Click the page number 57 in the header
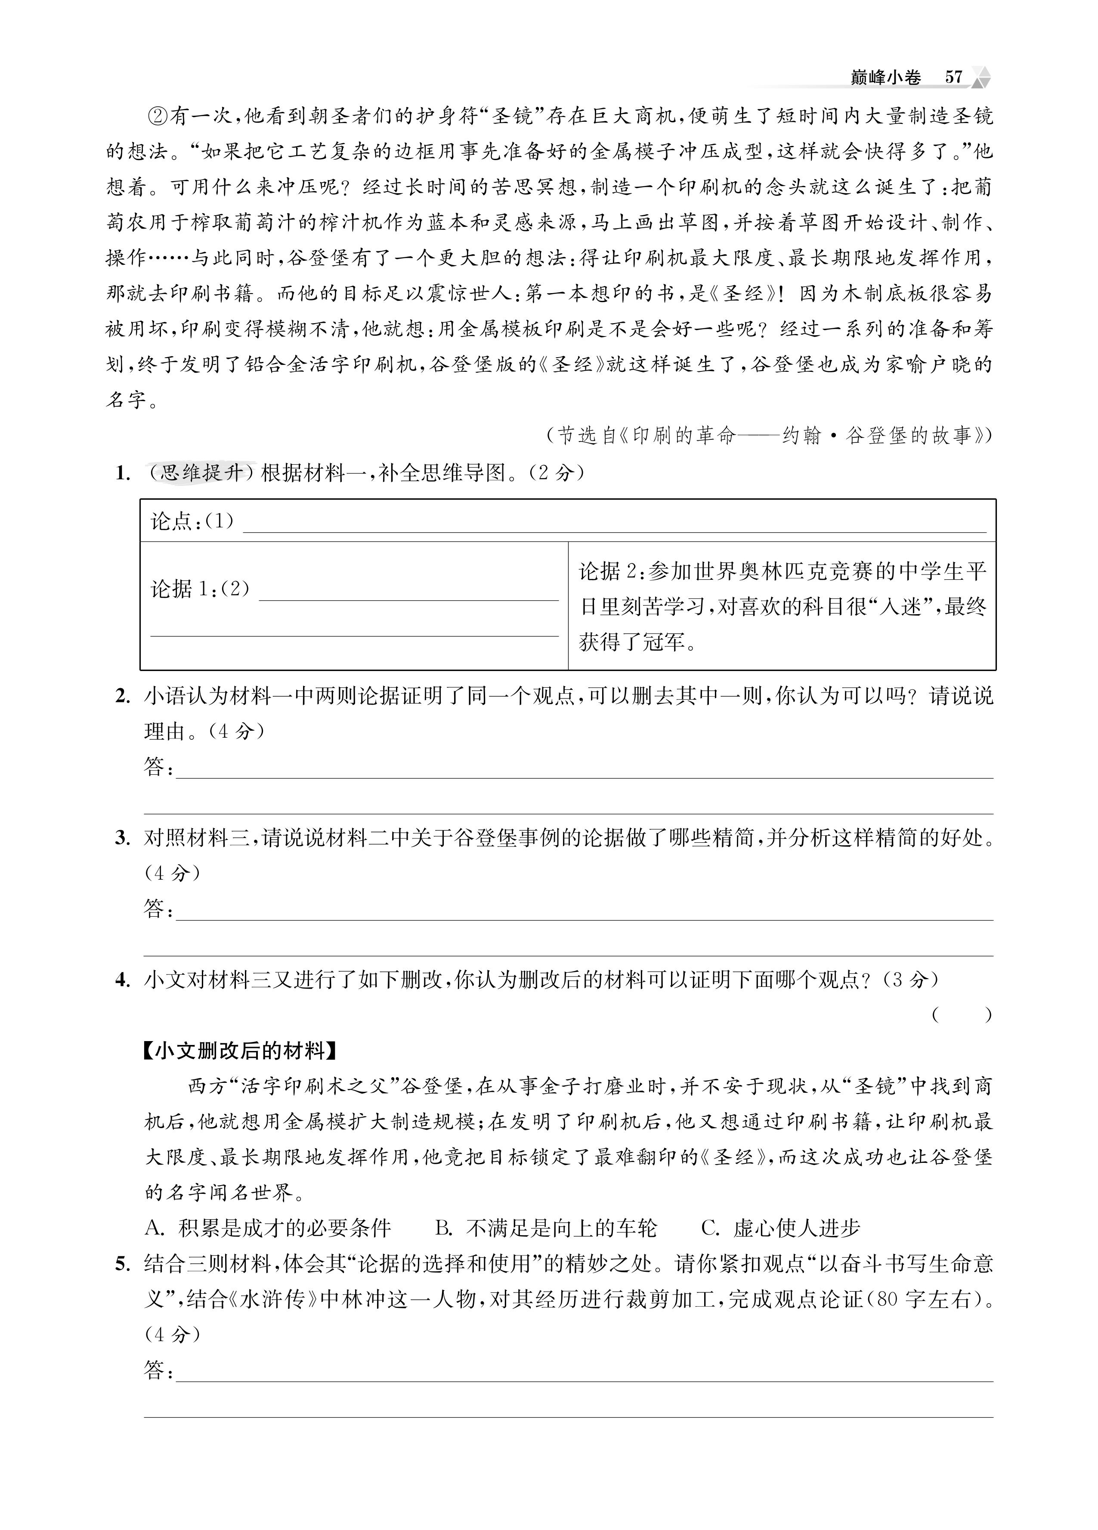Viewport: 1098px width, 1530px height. pos(953,77)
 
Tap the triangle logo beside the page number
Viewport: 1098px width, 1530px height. pos(980,77)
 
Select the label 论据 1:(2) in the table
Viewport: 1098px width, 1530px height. pos(201,589)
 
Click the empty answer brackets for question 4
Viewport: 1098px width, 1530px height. pos(962,1014)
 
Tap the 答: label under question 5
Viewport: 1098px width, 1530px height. pos(158,1370)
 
